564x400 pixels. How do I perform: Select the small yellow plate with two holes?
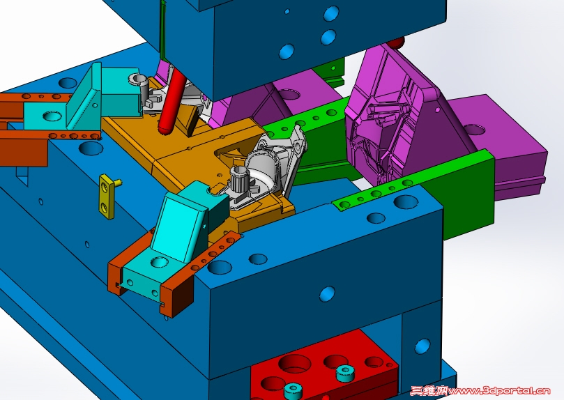(x=107, y=197)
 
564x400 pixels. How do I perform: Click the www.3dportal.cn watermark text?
(x=499, y=391)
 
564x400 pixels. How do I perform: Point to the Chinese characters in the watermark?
(x=429, y=391)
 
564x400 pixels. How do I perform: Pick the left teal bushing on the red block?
(x=292, y=390)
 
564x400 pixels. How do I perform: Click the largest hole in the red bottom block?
(x=294, y=364)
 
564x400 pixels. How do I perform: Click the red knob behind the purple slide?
(x=397, y=43)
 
